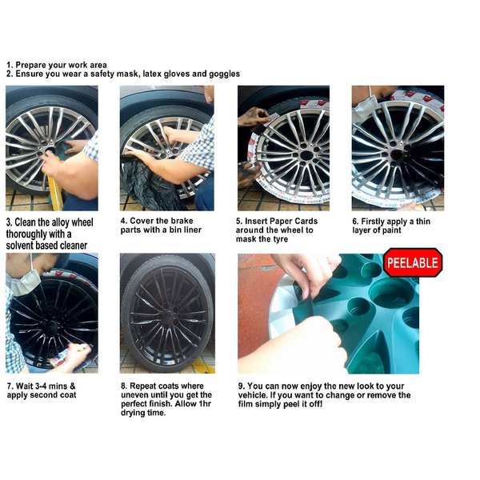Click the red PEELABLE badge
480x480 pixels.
(412, 262)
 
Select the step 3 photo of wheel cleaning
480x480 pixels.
(52, 148)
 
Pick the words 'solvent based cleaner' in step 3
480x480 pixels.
(46, 245)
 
